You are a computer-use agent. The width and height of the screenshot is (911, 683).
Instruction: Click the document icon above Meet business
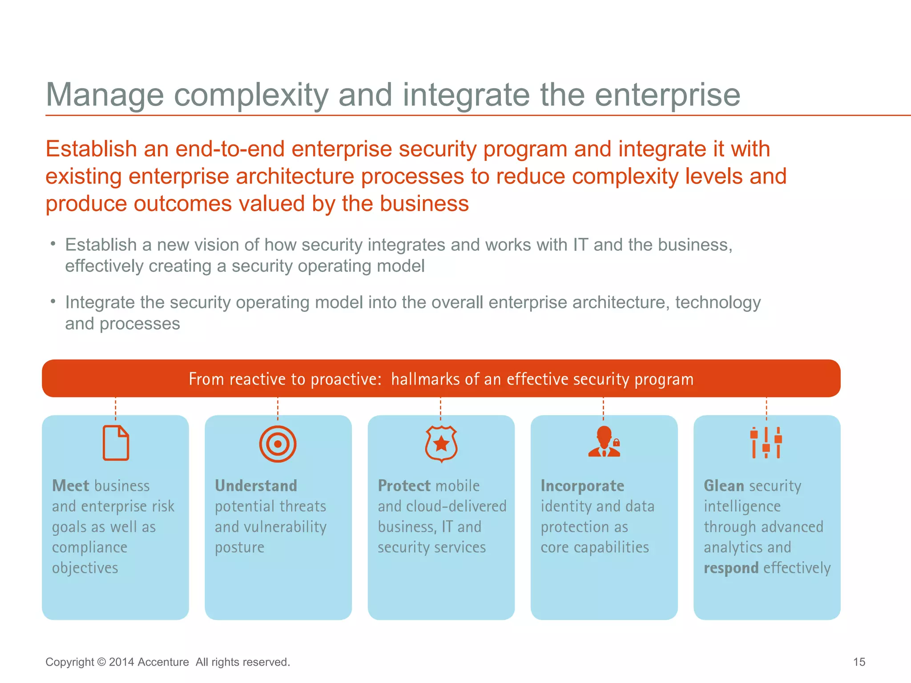click(116, 443)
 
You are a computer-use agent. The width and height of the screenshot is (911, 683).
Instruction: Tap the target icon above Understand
click(278, 444)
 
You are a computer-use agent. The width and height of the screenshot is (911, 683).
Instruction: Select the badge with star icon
click(441, 444)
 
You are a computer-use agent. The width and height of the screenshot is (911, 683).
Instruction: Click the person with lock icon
click(604, 442)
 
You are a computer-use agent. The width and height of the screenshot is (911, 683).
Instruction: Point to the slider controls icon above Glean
click(766, 442)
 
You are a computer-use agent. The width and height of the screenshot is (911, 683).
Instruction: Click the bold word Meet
click(71, 486)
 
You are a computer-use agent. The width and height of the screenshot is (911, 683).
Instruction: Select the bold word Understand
click(256, 486)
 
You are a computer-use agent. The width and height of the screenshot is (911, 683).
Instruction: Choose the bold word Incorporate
click(582, 486)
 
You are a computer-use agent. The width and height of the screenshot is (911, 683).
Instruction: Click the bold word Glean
click(724, 486)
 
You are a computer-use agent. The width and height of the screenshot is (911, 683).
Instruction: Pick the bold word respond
click(731, 568)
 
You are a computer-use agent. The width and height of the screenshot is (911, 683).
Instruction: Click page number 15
click(859, 662)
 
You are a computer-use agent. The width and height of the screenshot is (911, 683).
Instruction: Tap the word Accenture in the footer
click(163, 662)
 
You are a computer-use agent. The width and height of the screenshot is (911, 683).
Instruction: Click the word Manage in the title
click(105, 95)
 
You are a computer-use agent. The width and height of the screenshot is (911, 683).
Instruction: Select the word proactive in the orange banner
click(346, 379)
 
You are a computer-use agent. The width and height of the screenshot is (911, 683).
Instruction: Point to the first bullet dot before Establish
click(53, 244)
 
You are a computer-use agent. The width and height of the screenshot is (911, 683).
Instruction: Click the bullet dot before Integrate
click(53, 301)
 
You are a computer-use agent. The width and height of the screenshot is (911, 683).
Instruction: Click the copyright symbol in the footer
click(101, 662)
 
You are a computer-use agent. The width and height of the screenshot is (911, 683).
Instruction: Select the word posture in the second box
click(239, 548)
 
